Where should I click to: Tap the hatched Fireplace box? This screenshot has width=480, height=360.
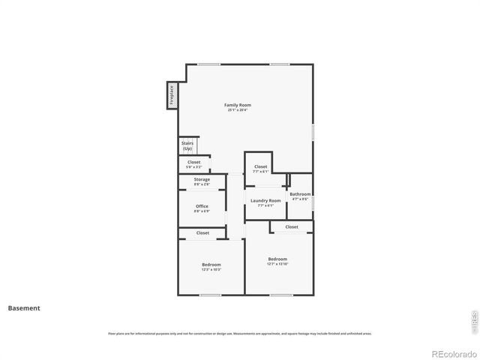click(x=172, y=96)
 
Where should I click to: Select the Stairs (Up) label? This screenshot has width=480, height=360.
click(x=187, y=145)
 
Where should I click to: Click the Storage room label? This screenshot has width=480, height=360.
click(x=202, y=180)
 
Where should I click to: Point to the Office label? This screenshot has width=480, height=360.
click(x=202, y=206)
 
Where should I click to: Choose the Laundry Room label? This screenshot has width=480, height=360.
click(x=265, y=200)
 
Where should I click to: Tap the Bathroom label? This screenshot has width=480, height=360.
click(x=300, y=194)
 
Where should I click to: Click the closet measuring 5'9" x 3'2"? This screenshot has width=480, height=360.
click(x=193, y=163)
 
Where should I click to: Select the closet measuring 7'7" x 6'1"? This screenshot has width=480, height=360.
click(x=260, y=168)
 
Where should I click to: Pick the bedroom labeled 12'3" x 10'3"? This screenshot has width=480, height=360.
click(x=211, y=266)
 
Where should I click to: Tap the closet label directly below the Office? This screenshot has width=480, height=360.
click(x=202, y=232)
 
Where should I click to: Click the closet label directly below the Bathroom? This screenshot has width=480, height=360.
click(x=291, y=226)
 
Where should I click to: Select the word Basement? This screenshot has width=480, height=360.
click(x=24, y=307)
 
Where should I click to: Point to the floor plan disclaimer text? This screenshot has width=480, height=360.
click(x=240, y=334)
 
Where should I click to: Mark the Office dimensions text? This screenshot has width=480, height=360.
click(x=202, y=211)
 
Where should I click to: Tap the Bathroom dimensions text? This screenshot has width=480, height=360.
click(x=300, y=199)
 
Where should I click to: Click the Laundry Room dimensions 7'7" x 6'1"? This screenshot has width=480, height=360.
click(x=265, y=205)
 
